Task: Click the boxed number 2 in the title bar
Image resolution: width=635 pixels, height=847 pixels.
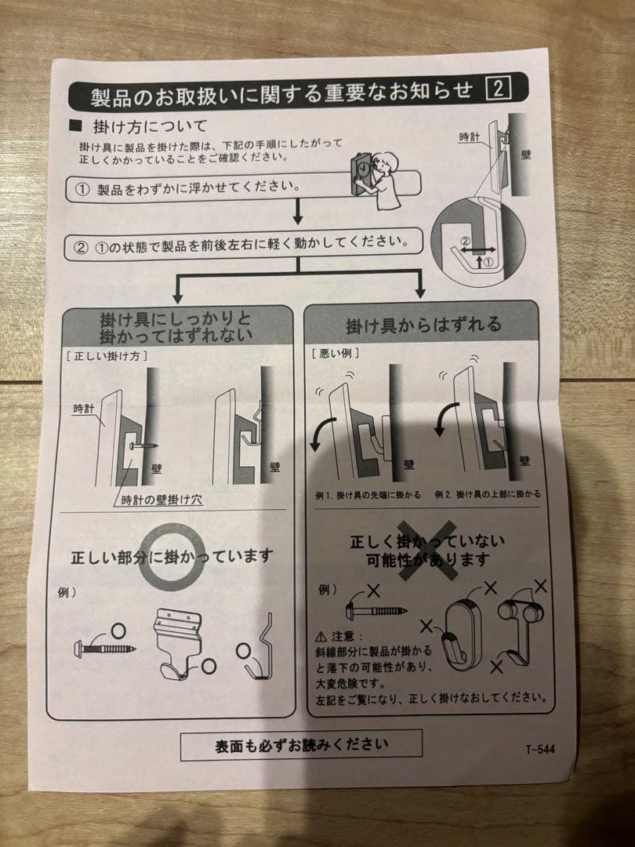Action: [499, 89]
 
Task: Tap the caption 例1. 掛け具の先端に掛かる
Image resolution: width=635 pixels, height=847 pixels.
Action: [368, 495]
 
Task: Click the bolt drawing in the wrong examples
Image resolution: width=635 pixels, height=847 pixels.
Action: [374, 608]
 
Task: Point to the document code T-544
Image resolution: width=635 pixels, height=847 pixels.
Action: [540, 749]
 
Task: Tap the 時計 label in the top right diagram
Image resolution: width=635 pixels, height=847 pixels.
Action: [470, 136]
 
